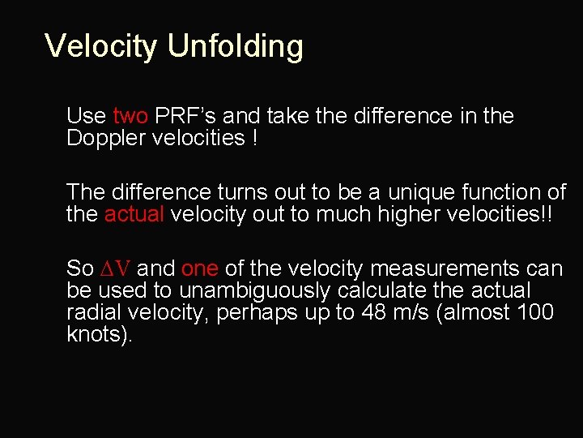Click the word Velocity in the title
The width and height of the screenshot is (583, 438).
pos(101,46)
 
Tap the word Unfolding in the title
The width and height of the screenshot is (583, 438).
pos(235,46)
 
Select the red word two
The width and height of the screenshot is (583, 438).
pos(130,117)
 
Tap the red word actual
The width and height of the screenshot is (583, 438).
pos(134,214)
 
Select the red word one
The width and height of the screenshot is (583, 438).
pos(199,269)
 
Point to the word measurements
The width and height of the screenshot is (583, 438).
pos(434,269)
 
